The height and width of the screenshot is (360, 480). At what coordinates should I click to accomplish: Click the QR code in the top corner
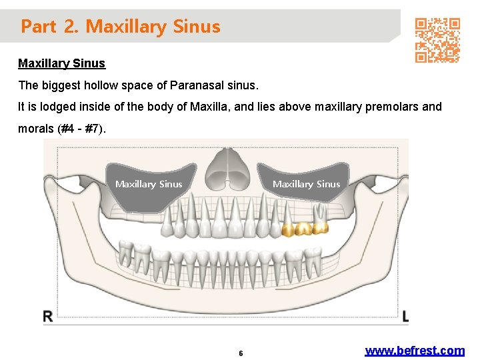(x=437, y=40)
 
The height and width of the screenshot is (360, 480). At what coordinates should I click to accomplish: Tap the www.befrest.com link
(x=415, y=351)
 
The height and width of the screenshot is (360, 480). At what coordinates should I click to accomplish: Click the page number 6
(x=241, y=353)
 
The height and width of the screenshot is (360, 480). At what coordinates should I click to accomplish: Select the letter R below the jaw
(x=49, y=317)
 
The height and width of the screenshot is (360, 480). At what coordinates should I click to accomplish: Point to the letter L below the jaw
(x=405, y=317)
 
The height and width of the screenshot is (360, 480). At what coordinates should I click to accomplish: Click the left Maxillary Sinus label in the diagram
(x=149, y=184)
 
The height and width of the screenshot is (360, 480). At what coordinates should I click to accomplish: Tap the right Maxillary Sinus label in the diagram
(x=306, y=184)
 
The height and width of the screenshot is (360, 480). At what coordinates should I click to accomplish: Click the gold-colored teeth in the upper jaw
(x=305, y=229)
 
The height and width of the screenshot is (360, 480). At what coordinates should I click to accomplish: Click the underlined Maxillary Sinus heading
(x=61, y=63)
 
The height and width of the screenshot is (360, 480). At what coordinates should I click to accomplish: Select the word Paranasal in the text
(x=197, y=85)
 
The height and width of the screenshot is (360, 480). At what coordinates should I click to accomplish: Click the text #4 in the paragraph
(x=69, y=128)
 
